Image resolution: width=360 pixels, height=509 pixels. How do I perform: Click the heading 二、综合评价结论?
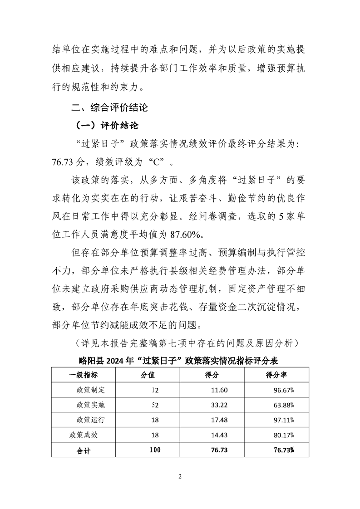[x=109, y=108]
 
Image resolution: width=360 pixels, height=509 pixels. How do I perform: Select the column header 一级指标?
[x=83, y=375]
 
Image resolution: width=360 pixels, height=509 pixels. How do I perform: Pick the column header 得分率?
[x=276, y=375]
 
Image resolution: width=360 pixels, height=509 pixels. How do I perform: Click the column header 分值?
[x=148, y=375]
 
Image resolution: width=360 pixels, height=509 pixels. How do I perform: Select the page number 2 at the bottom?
[x=180, y=477]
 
